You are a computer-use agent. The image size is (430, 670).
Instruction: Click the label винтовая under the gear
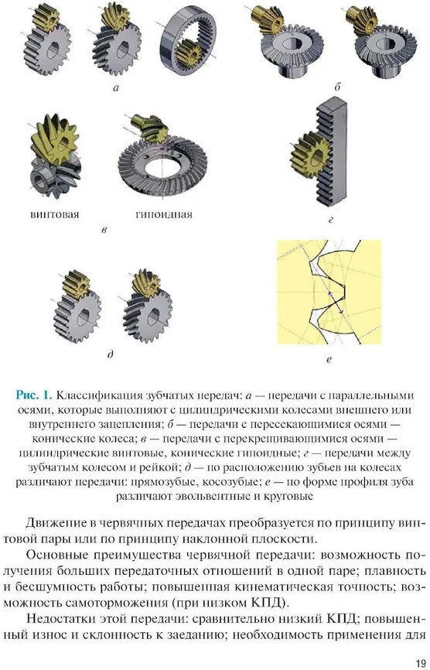pyautogui.click(x=55, y=214)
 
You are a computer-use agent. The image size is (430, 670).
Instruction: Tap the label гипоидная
pyautogui.click(x=164, y=214)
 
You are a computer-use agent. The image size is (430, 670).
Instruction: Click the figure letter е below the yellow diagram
pyautogui.click(x=329, y=361)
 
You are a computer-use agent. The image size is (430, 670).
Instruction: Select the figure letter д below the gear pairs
pyautogui.click(x=111, y=354)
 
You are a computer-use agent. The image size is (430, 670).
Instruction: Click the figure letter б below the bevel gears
pyautogui.click(x=337, y=87)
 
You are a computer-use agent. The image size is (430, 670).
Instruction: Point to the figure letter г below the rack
pyautogui.click(x=330, y=220)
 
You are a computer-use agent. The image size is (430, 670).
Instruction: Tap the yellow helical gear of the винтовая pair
pyautogui.click(x=53, y=137)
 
